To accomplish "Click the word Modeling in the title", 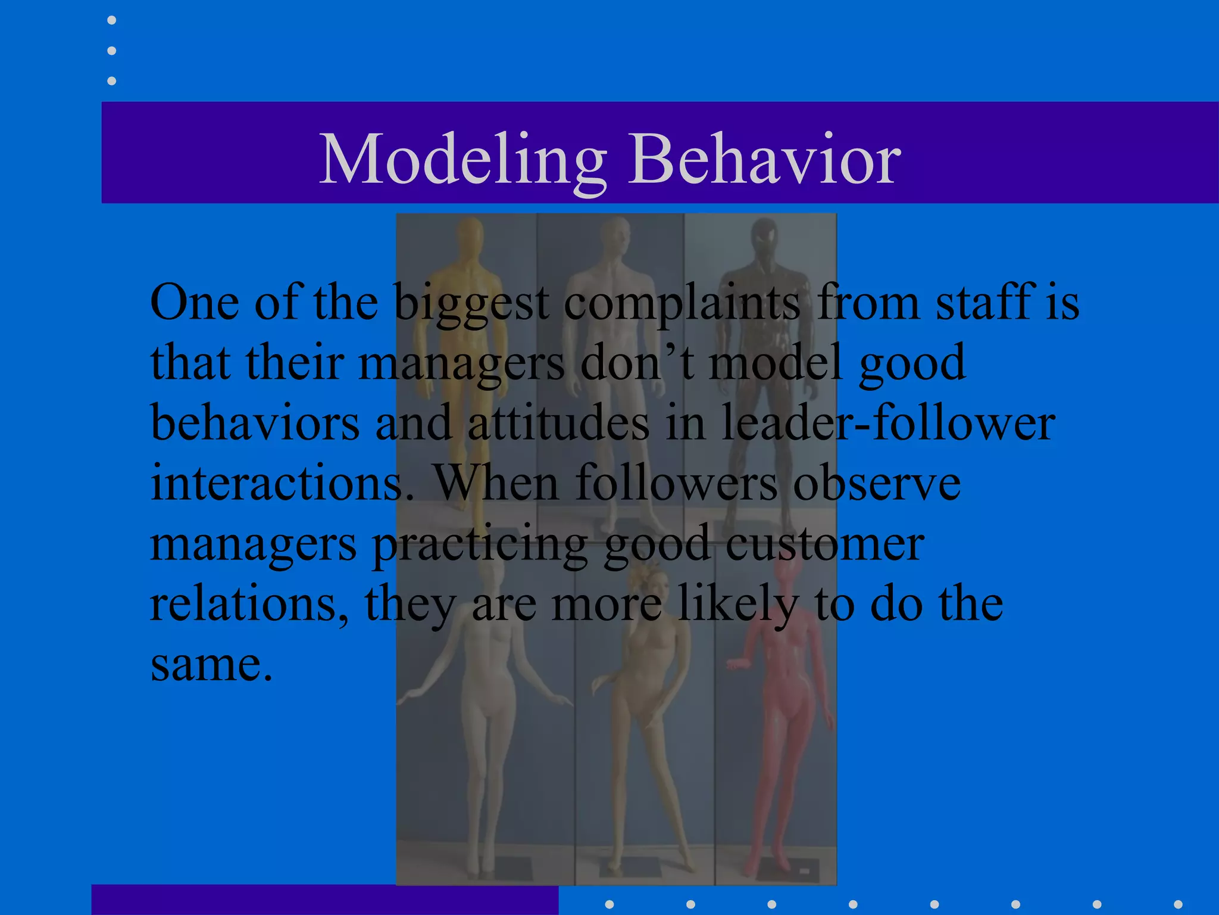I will coord(462,160).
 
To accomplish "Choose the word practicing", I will coord(480,544).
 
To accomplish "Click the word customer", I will coord(824,543).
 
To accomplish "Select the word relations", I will coord(249,603).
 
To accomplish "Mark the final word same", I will coord(211,664).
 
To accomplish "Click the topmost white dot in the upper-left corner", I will coord(111,20).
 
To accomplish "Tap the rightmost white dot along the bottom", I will coord(1178,904).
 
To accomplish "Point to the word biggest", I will coord(471,303).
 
